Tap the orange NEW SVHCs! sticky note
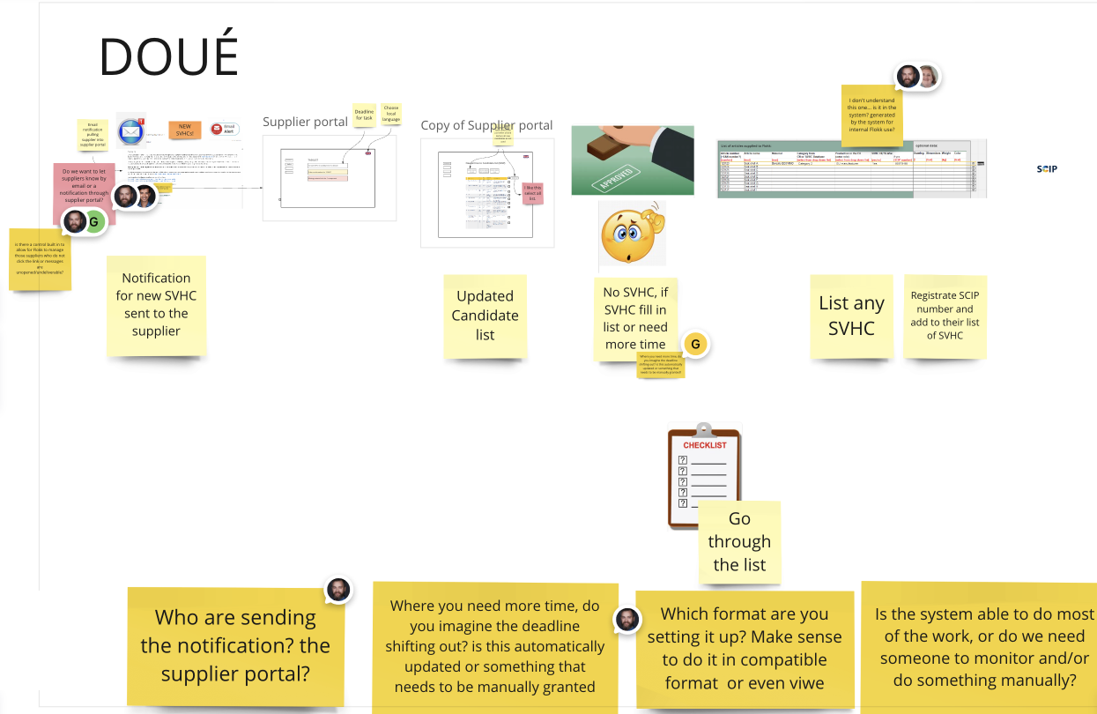185,130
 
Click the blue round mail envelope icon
130,132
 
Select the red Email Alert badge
225,129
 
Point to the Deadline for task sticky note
364,115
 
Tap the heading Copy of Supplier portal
486,125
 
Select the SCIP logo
1047,168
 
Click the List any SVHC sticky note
851,316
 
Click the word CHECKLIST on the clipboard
704,445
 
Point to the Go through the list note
739,541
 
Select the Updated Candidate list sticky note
485,316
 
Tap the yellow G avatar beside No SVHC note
695,344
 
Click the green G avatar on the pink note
93,222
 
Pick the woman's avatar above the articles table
928,78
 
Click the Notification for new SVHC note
156,304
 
